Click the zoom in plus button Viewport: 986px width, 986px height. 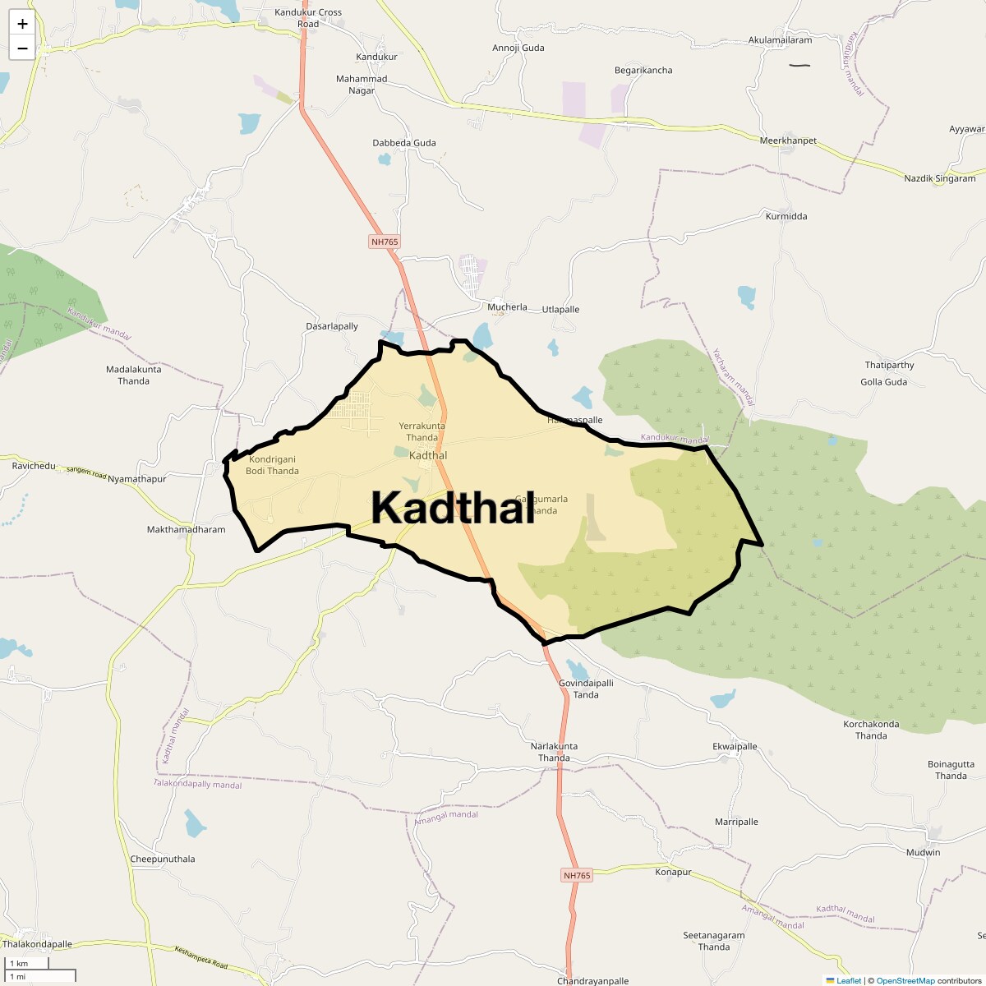pos(22,24)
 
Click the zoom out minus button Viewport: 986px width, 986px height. pos(22,48)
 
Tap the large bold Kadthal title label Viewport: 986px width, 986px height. pos(453,508)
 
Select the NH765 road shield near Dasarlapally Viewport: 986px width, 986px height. pos(384,242)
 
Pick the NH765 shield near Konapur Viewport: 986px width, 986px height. pos(577,876)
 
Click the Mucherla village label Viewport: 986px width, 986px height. pos(507,307)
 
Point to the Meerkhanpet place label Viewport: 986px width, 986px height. pos(788,141)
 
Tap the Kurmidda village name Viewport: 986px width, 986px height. pos(786,217)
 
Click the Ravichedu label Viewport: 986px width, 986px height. pos(34,466)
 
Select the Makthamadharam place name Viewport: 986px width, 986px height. pos(186,530)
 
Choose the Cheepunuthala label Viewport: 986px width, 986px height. pos(163,859)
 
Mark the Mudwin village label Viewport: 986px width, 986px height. pos(923,852)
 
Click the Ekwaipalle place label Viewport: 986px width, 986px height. pos(735,747)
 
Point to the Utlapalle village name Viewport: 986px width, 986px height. pos(560,310)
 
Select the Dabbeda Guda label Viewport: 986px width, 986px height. pos(404,143)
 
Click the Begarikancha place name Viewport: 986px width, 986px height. pos(643,71)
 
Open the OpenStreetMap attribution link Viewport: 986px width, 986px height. pos(905,980)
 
